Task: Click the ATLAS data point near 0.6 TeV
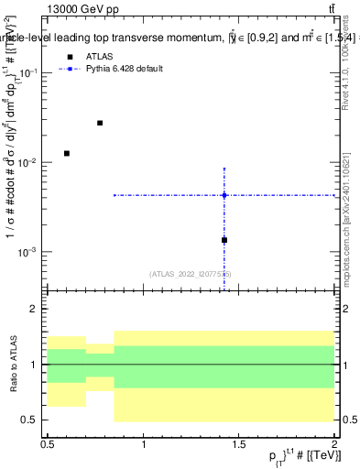click(66, 153)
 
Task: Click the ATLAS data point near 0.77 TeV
click(100, 123)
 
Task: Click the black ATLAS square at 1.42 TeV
click(224, 240)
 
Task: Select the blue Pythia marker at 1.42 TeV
click(224, 195)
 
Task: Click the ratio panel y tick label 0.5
click(33, 420)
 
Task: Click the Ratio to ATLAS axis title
click(15, 365)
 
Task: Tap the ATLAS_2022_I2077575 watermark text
click(191, 273)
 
